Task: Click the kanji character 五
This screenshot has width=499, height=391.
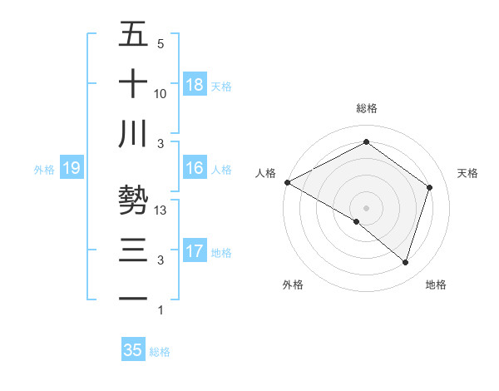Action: click(134, 34)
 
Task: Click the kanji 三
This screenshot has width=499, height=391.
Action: click(134, 250)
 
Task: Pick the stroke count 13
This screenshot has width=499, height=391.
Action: click(161, 211)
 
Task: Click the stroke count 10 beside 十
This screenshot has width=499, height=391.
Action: click(161, 93)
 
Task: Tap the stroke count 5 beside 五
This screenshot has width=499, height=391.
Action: click(160, 43)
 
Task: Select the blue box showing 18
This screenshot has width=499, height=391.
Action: click(195, 84)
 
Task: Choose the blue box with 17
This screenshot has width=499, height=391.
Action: click(195, 251)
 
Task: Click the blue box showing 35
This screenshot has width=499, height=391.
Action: click(133, 350)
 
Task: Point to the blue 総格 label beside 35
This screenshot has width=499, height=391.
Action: click(160, 352)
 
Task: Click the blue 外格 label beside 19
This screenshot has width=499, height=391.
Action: click(44, 170)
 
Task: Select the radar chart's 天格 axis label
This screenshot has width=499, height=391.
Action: click(468, 173)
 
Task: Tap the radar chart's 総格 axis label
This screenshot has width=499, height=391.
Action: click(366, 108)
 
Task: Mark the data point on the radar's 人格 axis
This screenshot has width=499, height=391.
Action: click(287, 181)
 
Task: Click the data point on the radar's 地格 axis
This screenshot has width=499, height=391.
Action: click(405, 262)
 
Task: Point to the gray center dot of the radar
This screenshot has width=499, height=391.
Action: click(366, 207)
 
